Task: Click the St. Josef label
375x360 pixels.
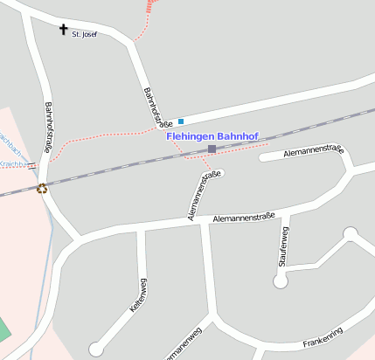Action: (x=84, y=34)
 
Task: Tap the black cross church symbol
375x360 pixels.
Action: (x=63, y=30)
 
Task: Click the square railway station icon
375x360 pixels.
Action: (x=212, y=149)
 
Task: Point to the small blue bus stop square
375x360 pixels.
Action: (x=181, y=121)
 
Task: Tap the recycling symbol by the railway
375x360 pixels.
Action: (x=42, y=188)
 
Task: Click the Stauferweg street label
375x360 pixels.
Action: (x=283, y=248)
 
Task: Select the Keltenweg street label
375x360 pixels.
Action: (x=137, y=295)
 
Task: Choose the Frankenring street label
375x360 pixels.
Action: (x=323, y=337)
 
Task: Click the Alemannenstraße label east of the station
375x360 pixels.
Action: (x=302, y=153)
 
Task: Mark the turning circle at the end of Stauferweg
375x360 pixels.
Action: (x=281, y=280)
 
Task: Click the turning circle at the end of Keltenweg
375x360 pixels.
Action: (x=97, y=349)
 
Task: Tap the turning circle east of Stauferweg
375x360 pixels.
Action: (x=351, y=233)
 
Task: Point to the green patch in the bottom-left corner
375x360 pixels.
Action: (x=3, y=330)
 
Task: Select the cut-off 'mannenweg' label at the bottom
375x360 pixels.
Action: (x=182, y=346)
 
